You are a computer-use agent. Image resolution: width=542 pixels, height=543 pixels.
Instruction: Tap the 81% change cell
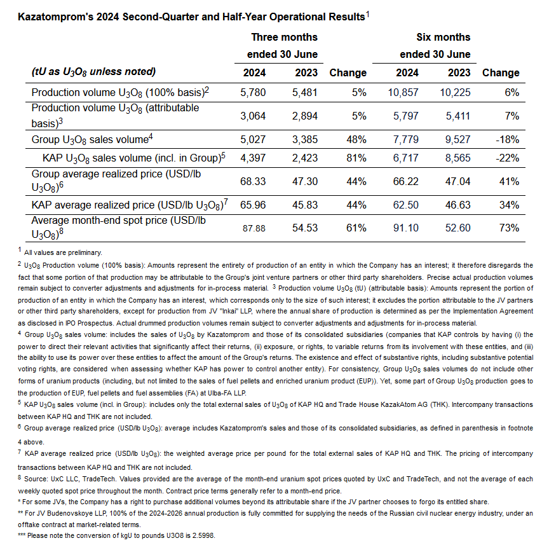(x=356, y=156)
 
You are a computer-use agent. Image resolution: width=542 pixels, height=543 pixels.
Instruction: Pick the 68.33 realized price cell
(x=253, y=181)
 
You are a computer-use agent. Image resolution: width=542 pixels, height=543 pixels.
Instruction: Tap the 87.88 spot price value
(x=254, y=228)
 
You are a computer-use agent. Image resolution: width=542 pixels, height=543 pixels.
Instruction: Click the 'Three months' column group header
(x=284, y=37)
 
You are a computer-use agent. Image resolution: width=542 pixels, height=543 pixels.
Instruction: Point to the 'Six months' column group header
(x=443, y=37)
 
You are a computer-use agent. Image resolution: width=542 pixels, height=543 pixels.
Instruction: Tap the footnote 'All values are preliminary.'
(x=63, y=252)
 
